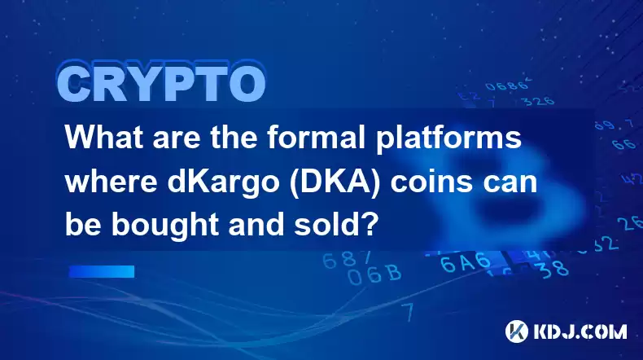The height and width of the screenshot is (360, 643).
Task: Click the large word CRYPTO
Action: [161, 85]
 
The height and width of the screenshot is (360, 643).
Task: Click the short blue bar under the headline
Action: [102, 271]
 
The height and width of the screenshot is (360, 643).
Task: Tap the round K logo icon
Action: [517, 331]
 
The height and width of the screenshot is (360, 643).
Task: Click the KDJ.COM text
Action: [580, 331]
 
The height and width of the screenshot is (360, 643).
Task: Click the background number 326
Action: [540, 101]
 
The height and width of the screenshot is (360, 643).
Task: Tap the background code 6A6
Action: [466, 262]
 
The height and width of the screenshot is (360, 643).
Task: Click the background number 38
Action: [553, 270]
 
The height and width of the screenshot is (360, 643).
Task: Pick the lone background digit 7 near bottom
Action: [407, 313]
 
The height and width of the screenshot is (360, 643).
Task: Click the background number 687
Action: [347, 260]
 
